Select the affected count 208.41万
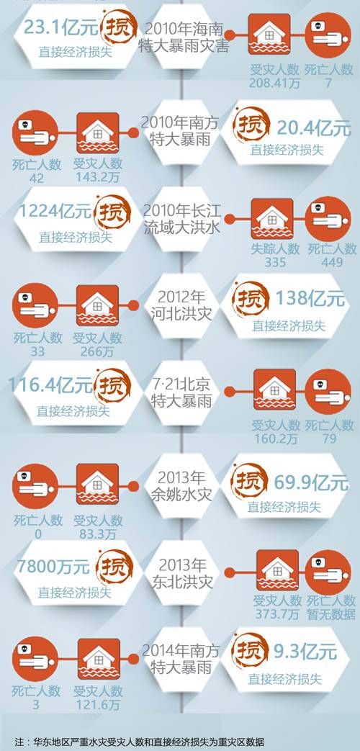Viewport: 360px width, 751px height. tap(274, 84)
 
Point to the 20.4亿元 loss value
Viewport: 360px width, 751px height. tap(314, 128)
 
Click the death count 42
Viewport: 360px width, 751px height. tap(37, 178)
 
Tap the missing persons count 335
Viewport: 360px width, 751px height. tap(275, 262)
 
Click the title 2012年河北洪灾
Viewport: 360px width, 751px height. tap(181, 305)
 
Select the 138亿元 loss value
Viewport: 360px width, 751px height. tap(310, 298)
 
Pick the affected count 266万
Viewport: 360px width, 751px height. tap(97, 351)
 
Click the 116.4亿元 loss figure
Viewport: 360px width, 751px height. tap(50, 385)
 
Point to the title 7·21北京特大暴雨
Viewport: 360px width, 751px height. tap(181, 392)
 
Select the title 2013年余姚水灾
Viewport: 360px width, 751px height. tap(181, 486)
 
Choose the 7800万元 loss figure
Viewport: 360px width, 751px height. tap(53, 567)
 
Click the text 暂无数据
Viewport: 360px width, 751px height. tap(331, 614)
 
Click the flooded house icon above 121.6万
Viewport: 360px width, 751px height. tap(99, 659)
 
